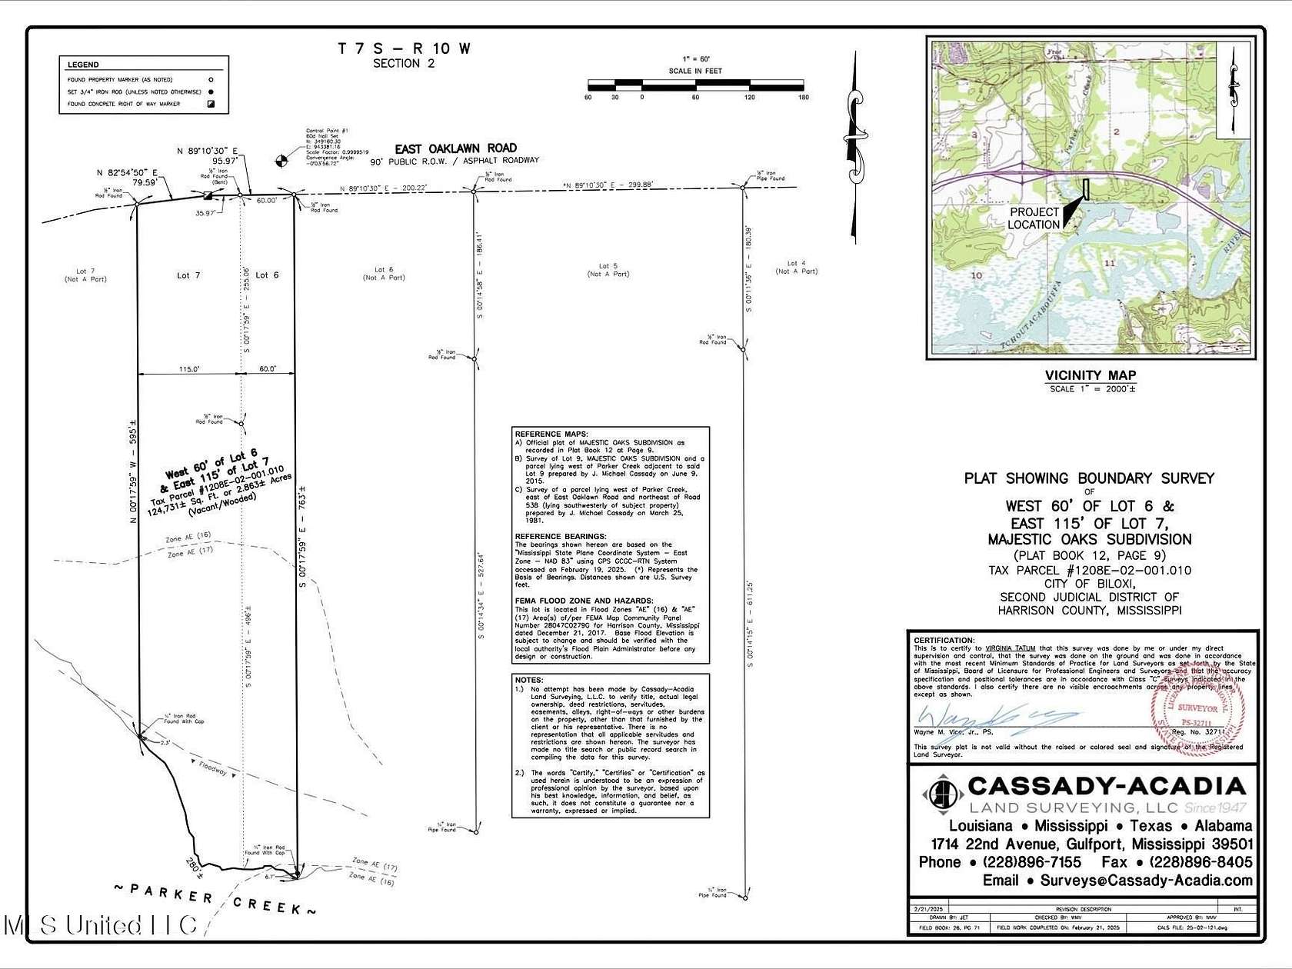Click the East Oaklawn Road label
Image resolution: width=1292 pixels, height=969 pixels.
(x=455, y=148)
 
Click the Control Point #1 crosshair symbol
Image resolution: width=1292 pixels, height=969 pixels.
(x=282, y=161)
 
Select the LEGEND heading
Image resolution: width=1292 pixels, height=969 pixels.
(x=83, y=65)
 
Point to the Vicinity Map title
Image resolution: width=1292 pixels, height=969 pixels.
(x=1090, y=375)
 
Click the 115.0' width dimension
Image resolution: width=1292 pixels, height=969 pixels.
(x=189, y=369)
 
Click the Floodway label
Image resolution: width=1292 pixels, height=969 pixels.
(x=214, y=768)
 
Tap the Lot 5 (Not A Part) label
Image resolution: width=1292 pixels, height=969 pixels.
(x=608, y=270)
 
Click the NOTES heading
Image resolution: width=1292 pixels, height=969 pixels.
(x=530, y=680)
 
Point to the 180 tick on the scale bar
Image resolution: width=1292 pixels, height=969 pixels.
(x=803, y=98)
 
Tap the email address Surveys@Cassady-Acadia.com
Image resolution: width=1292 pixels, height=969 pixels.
(x=1146, y=881)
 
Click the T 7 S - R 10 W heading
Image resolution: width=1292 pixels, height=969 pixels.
(x=404, y=48)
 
